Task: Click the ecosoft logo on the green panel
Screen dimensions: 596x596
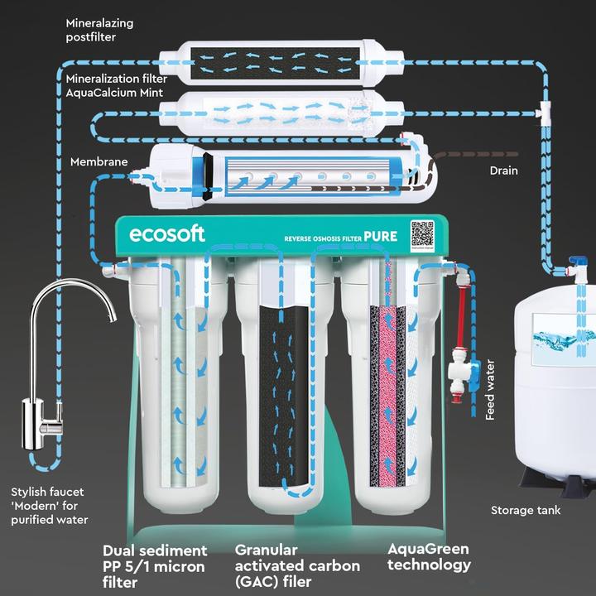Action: tap(166, 234)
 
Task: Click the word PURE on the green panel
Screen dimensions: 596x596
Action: tap(379, 237)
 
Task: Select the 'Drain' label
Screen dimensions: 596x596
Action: tap(502, 171)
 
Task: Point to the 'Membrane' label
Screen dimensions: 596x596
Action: tap(99, 161)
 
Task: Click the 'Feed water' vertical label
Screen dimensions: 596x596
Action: tap(490, 390)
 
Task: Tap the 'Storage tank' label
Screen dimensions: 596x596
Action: tap(526, 510)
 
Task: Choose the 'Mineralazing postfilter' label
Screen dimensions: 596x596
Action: tap(99, 30)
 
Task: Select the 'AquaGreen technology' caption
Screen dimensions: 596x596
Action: tap(428, 556)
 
